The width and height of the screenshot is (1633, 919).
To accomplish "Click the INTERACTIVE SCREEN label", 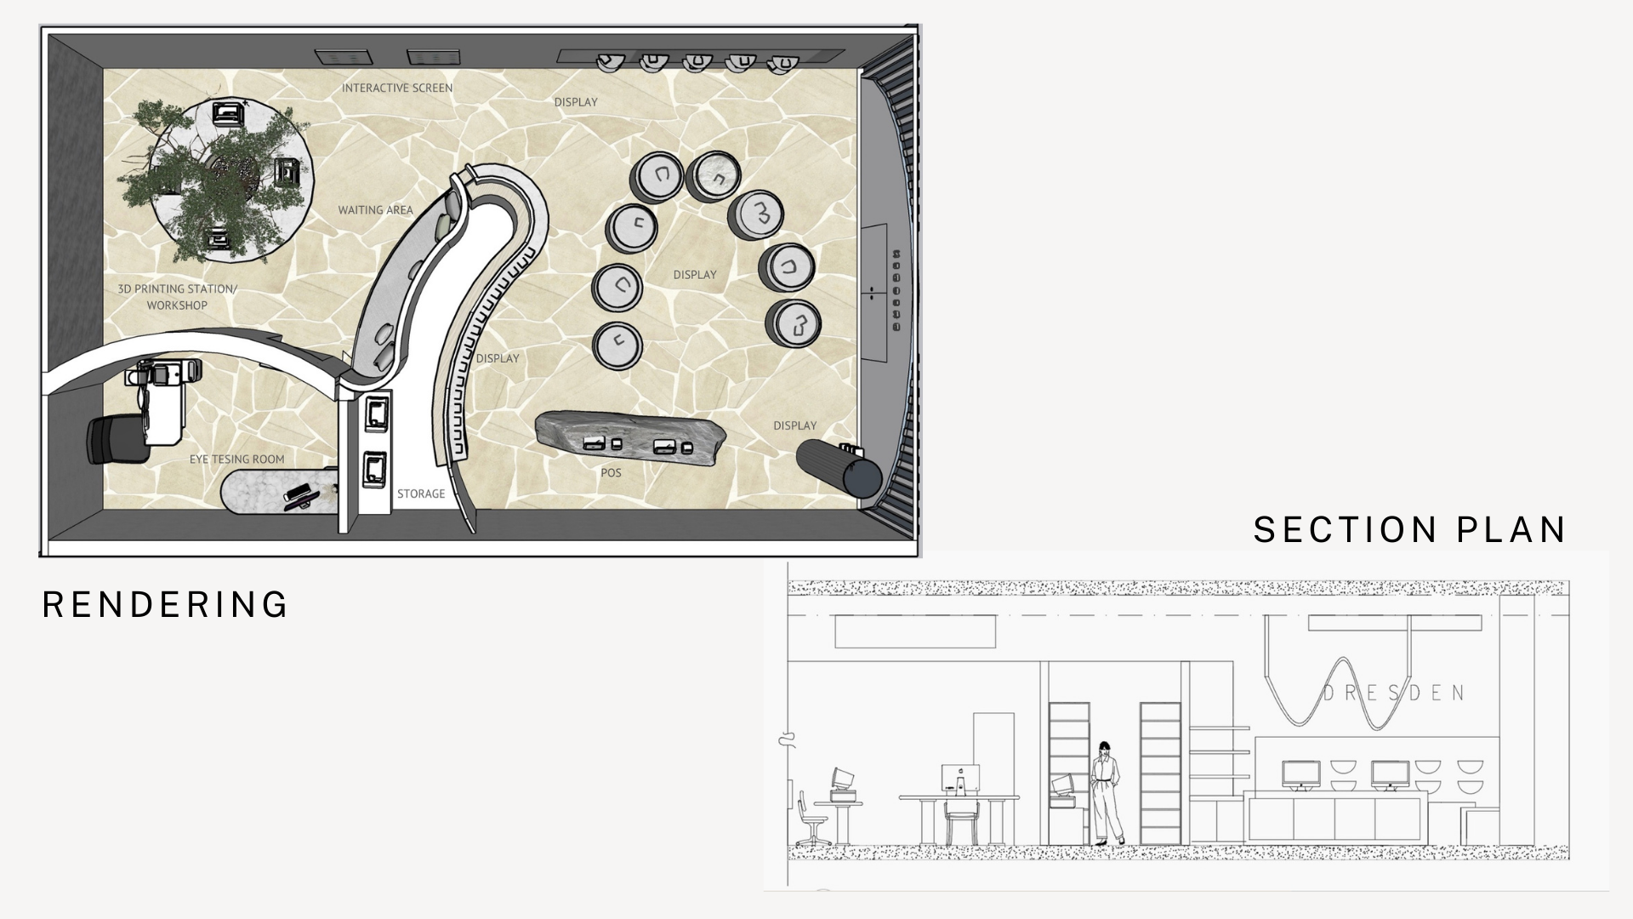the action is click(397, 88).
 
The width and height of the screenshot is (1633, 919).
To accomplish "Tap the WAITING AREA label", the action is click(375, 209).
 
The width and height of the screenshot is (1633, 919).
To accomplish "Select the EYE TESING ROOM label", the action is click(236, 459).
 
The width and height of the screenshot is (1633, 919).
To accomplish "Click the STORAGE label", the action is click(421, 494).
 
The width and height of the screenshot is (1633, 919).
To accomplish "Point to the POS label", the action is click(611, 472).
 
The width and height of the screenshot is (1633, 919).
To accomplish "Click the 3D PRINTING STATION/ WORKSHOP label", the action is click(177, 297).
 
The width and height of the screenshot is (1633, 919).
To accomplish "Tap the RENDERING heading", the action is click(166, 604).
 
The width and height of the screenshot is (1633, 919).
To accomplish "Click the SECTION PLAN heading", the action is click(1409, 529).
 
